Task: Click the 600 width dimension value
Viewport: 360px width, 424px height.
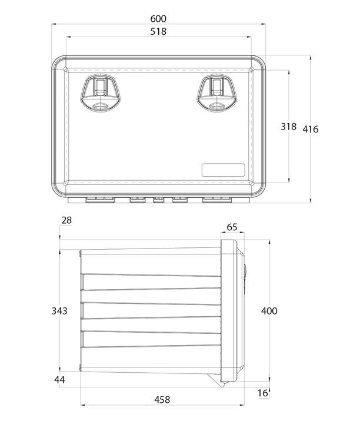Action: click(x=158, y=19)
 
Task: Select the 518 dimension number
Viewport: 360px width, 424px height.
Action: click(x=158, y=31)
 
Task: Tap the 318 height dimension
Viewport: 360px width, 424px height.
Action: click(x=288, y=126)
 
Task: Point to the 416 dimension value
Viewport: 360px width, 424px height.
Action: click(x=311, y=129)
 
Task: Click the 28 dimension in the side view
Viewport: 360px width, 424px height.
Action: click(x=66, y=220)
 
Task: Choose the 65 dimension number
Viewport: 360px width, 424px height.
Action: click(x=232, y=227)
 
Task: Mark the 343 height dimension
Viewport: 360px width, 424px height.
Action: click(x=59, y=311)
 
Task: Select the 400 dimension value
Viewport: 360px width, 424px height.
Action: click(x=269, y=311)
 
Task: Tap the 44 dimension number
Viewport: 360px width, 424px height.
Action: click(x=59, y=380)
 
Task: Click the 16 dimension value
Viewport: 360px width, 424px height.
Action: click(x=262, y=393)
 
